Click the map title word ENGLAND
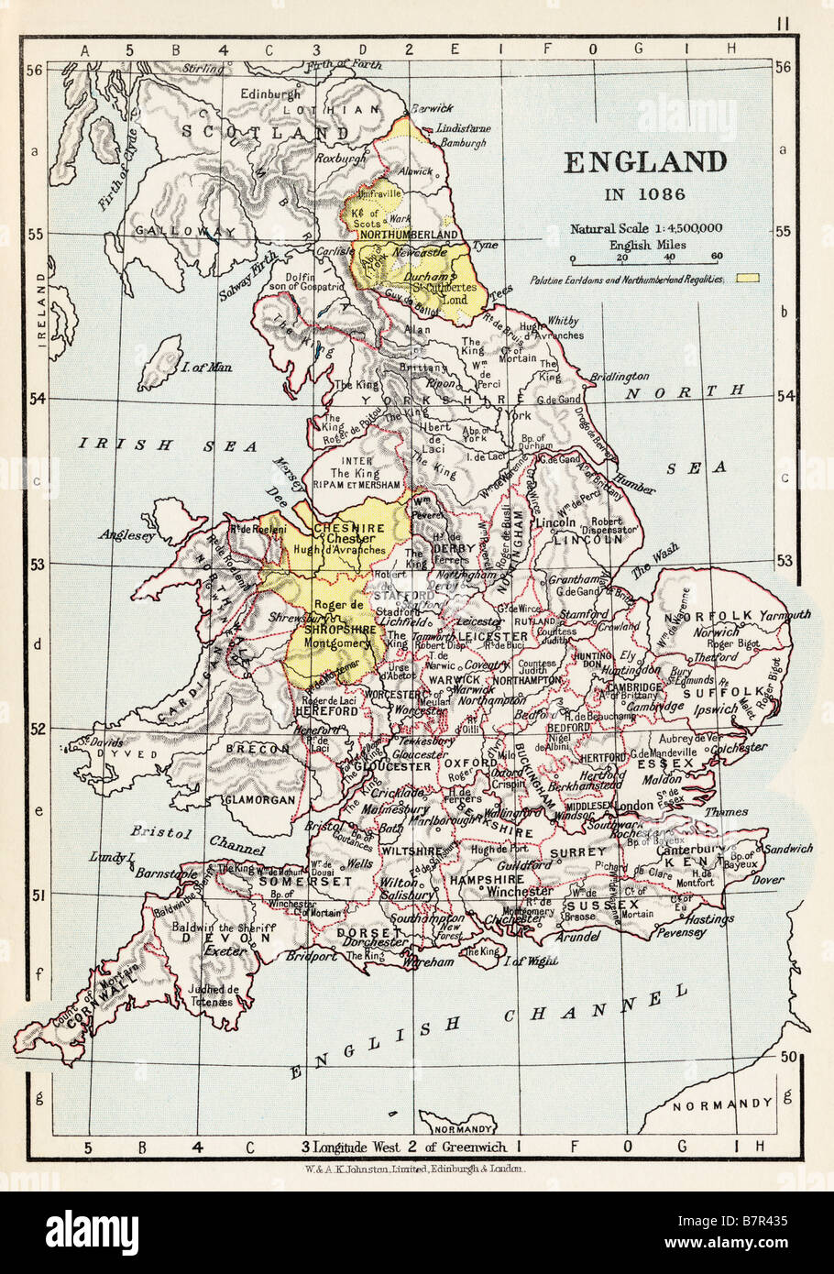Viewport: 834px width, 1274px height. [644, 162]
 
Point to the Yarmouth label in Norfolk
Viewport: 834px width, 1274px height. [784, 615]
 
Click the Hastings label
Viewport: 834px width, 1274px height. [708, 918]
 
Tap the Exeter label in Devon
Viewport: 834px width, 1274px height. [225, 951]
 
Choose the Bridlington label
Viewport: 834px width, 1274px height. [619, 376]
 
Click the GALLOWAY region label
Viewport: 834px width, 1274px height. [172, 231]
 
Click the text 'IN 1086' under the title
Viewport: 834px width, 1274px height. [643, 193]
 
